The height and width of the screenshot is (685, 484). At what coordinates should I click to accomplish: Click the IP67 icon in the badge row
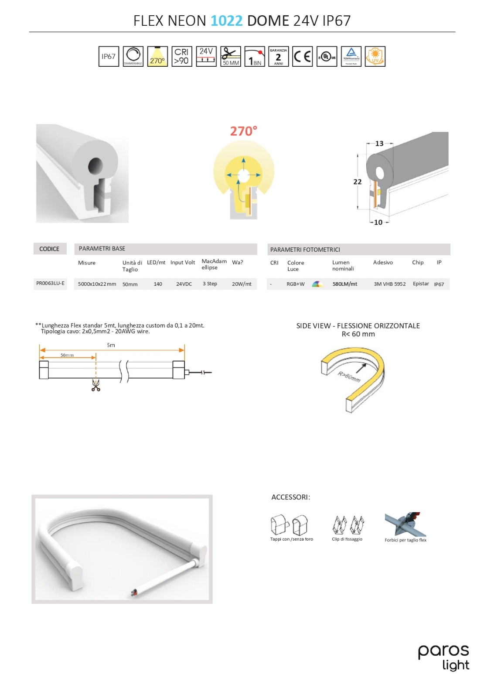[x=109, y=56]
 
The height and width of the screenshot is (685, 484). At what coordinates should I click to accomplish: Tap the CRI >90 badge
[x=181, y=56]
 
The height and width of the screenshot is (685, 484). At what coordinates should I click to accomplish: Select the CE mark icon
[x=302, y=56]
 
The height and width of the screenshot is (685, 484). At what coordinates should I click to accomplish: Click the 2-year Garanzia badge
[x=278, y=56]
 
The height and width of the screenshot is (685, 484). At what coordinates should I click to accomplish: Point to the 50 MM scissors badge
[x=230, y=56]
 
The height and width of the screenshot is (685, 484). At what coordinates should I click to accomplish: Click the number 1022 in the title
[x=226, y=21]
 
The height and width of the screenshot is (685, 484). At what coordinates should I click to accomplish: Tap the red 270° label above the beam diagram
[x=243, y=131]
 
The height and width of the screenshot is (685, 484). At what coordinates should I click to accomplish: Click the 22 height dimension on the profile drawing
[x=357, y=182]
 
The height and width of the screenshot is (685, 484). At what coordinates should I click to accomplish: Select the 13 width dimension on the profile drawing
[x=379, y=144]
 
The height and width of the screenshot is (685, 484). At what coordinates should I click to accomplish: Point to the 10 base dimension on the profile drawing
[x=378, y=223]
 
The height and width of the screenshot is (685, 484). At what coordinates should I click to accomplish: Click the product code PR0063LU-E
[x=50, y=284]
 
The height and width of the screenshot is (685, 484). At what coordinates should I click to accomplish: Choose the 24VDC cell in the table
[x=184, y=284]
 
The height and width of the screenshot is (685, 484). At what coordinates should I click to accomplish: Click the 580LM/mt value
[x=344, y=284]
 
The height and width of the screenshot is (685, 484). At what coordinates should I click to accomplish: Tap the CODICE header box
[x=49, y=249]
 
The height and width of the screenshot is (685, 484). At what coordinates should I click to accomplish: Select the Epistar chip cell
[x=421, y=284]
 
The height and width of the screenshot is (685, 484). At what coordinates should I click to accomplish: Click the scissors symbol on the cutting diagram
[x=95, y=386]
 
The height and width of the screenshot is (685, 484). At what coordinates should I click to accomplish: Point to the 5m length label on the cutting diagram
[x=111, y=345]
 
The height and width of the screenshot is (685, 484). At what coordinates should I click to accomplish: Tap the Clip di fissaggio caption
[x=347, y=539]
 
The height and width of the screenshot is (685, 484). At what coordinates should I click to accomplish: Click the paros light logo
[x=443, y=658]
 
